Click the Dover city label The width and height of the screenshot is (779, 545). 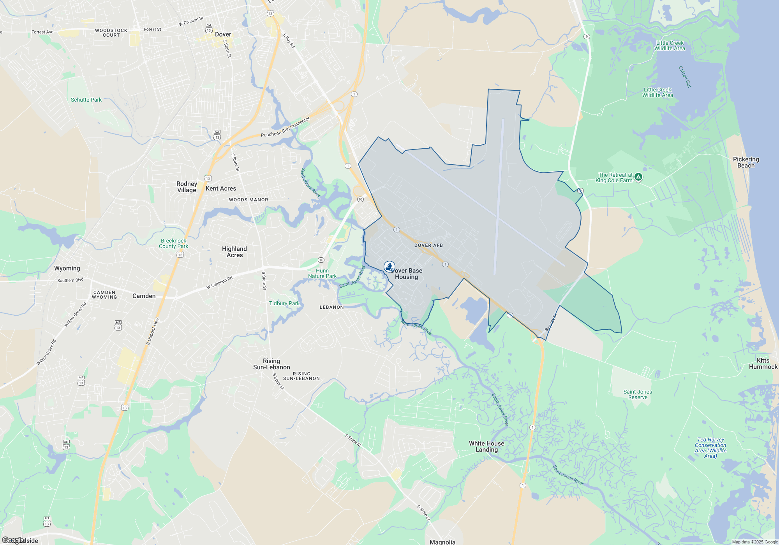tap(223, 34)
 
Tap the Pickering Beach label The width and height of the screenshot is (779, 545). tap(746, 162)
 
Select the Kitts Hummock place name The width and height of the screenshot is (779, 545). tap(763, 364)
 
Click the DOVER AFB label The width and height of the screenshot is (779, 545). tap(428, 245)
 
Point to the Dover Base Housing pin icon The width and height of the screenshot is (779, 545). tap(389, 267)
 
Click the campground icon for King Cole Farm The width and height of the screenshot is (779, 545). tap(638, 177)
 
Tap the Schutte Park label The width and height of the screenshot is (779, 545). tap(86, 100)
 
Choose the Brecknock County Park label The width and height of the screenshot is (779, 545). tap(173, 244)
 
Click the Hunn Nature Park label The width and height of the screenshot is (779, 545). tap(322, 273)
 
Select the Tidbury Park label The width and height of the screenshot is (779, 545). tap(284, 303)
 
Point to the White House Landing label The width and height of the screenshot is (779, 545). tap(486, 447)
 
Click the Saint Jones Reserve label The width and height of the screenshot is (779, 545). tap(638, 394)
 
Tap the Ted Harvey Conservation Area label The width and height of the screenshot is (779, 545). tap(710, 448)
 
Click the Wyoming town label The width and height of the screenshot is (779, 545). tap(67, 268)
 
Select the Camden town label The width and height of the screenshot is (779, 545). tap(144, 296)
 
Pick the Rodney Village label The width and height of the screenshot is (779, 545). tap(187, 187)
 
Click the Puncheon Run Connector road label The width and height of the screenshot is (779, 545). tap(285, 127)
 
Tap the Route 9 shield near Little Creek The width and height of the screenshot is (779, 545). tap(587, 37)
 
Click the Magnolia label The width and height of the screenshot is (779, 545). tap(442, 542)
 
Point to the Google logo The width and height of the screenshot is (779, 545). tap(13, 540)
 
